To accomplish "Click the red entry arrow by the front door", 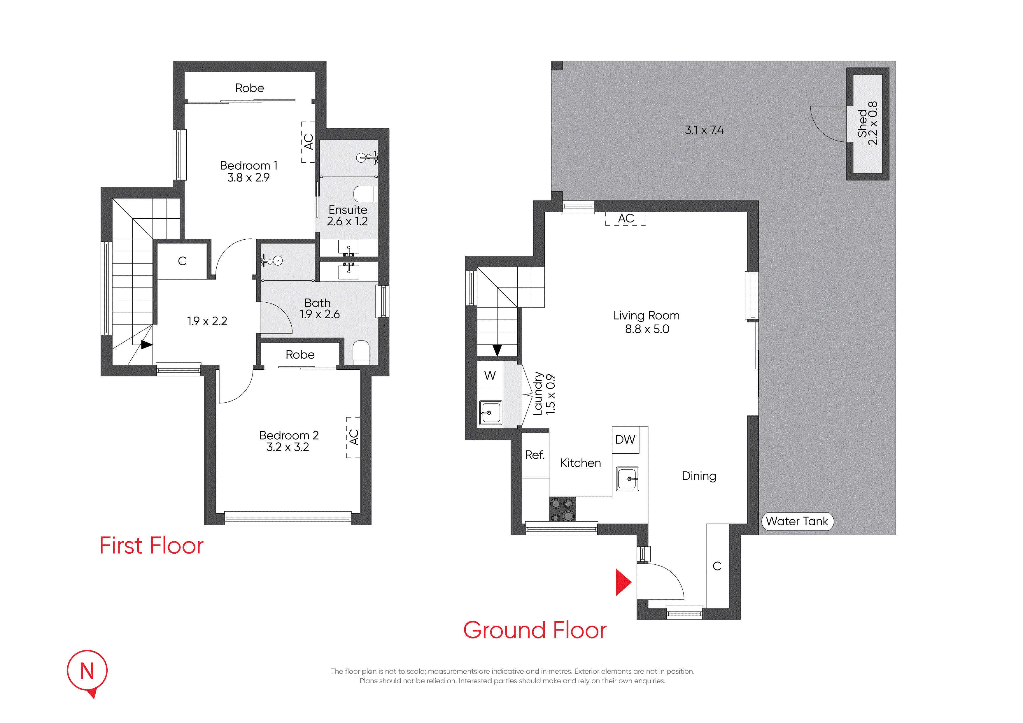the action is click(x=623, y=582).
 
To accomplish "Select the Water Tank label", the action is click(x=797, y=521).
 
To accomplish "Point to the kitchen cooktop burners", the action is click(x=562, y=510).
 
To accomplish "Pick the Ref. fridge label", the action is click(x=535, y=455).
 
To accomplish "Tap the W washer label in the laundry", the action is click(x=490, y=375).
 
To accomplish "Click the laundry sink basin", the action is click(x=491, y=413).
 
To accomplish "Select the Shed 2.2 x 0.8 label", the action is click(x=867, y=123).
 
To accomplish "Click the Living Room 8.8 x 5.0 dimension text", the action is click(x=647, y=329).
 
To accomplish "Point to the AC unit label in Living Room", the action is click(x=626, y=218).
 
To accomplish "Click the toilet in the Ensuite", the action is click(x=365, y=194).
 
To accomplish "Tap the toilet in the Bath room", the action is click(x=361, y=352).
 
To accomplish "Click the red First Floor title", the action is click(x=151, y=546).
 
